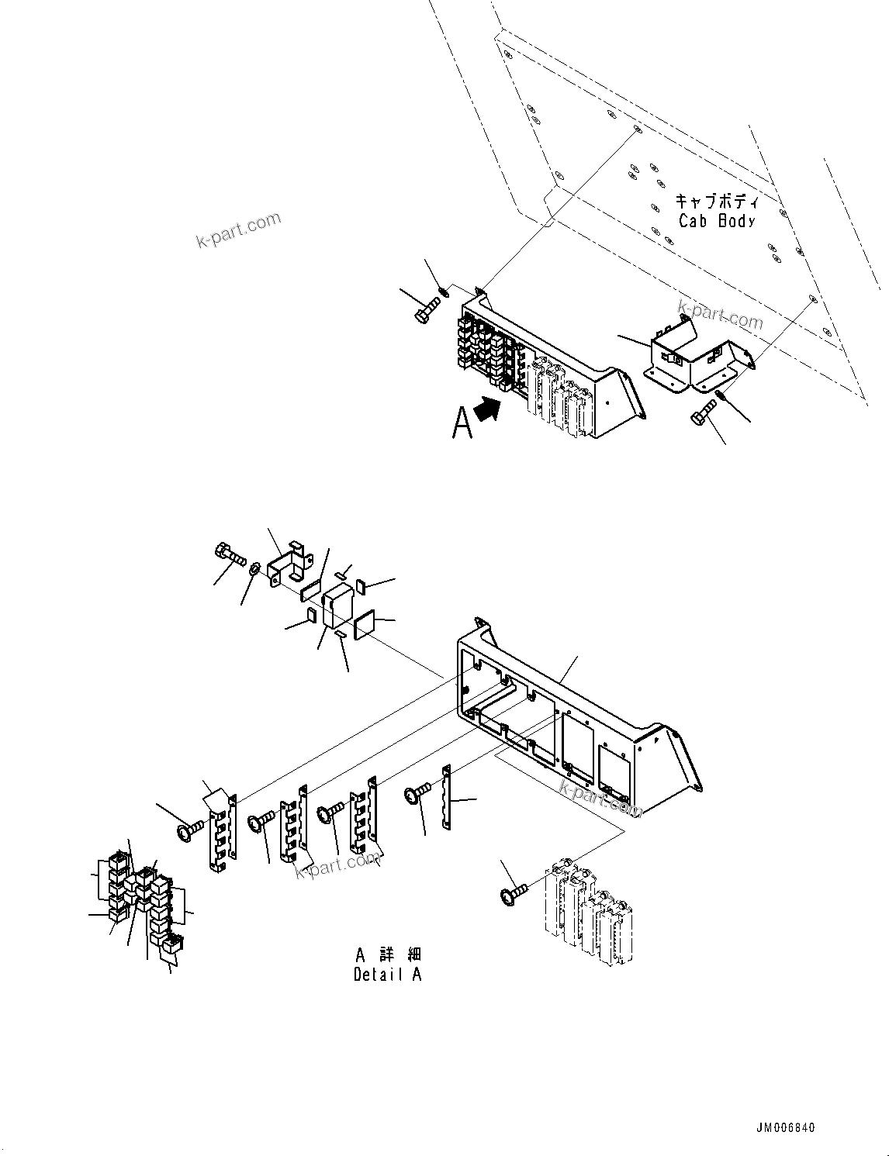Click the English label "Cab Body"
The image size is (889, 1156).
click(716, 220)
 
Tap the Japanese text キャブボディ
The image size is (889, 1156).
click(717, 202)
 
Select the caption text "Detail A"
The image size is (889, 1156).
click(387, 975)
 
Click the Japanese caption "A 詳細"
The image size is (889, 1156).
click(388, 954)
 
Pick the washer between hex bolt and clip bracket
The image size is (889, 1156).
click(254, 571)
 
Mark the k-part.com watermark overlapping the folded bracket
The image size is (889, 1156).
click(720, 315)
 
